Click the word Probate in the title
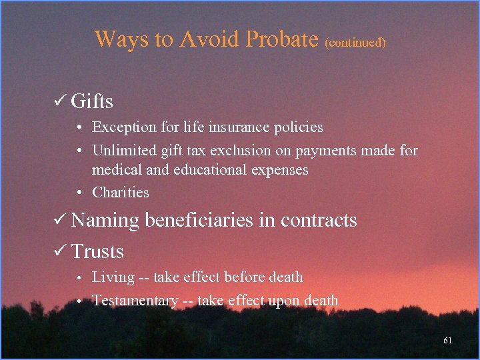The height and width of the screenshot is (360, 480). tap(282, 39)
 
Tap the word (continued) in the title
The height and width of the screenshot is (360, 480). tap(355, 42)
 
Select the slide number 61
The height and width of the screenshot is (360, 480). tap(447, 341)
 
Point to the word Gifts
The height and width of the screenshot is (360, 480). tap(92, 102)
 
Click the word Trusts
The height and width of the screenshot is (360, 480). tap(97, 252)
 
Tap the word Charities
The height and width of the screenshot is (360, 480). tap(121, 193)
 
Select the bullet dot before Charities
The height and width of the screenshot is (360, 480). tap(79, 193)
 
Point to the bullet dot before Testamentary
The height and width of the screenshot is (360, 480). tap(79, 301)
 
